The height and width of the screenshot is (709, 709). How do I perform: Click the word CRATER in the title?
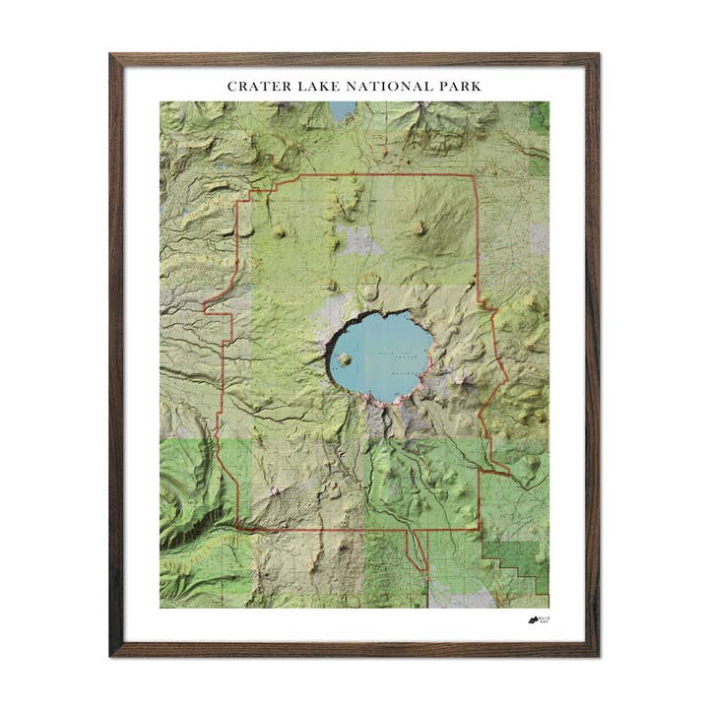click(x=257, y=87)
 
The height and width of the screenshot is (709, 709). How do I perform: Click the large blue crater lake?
click(x=379, y=354)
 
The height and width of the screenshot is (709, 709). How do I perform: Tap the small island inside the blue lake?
click(x=345, y=359)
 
